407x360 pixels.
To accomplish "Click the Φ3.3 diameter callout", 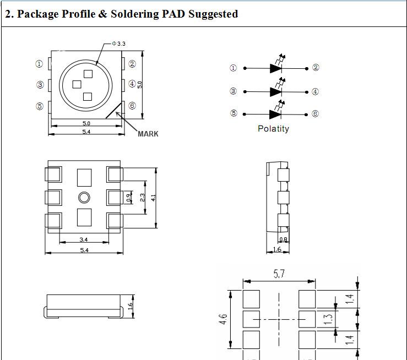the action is click(x=118, y=43).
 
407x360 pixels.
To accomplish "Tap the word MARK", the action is click(x=148, y=134).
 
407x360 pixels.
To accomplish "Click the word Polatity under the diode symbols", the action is click(x=273, y=129).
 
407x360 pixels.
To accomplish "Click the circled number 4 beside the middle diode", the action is click(x=315, y=91).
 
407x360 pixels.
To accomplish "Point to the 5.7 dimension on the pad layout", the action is click(x=279, y=274).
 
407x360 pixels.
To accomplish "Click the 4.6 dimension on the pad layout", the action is click(x=223, y=319).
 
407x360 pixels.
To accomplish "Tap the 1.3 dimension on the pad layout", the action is click(x=328, y=319).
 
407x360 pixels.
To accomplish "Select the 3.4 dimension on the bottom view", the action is click(x=84, y=239).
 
